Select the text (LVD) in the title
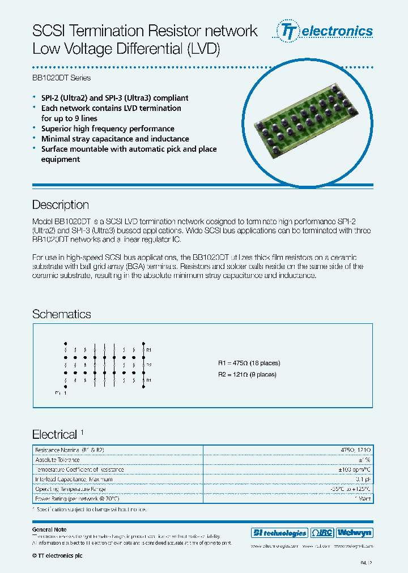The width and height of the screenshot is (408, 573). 202,49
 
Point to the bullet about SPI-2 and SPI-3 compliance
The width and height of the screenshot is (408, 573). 114,98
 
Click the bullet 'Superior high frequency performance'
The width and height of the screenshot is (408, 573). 108,129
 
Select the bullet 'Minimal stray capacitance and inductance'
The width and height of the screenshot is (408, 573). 115,139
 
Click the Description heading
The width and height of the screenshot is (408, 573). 61,205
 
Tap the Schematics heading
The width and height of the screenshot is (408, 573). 61,314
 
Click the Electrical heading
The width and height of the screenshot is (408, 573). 54,435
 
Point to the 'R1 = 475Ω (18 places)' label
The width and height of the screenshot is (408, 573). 249,363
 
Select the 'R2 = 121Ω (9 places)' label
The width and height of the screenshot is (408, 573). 247,374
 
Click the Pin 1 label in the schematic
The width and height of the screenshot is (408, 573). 61,392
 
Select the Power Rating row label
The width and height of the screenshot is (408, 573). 77,498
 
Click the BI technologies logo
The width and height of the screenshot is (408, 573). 279,533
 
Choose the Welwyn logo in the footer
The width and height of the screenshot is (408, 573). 354,533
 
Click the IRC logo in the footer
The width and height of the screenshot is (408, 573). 322,533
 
